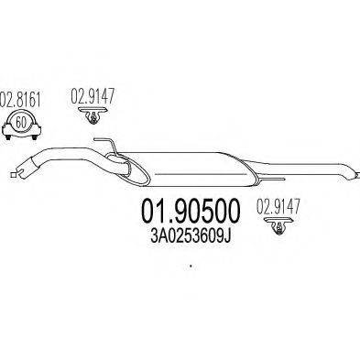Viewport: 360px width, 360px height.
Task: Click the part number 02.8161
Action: click(20, 98)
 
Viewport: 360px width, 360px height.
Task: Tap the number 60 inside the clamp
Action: click(20, 123)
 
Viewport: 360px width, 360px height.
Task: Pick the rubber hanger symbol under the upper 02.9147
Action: click(93, 115)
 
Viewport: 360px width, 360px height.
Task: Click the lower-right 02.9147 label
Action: click(278, 206)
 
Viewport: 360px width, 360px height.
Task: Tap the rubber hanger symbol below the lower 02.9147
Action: click(279, 226)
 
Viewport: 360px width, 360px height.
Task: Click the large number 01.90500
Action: click(191, 211)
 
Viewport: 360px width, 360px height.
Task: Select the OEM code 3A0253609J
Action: click(191, 236)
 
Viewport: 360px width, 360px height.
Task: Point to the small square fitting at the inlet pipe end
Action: click(13, 175)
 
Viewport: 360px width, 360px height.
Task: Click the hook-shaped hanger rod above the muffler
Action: click(106, 145)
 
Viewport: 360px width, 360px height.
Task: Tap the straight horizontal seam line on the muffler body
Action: click(201, 174)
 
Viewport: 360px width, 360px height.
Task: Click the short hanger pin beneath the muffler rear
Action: click(273, 179)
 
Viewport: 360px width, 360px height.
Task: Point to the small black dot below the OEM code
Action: click(191, 266)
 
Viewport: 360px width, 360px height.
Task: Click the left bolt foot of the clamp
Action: click(7, 137)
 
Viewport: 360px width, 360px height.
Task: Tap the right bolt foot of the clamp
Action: click(35, 137)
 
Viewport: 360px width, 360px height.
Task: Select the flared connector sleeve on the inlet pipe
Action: click(27, 167)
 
